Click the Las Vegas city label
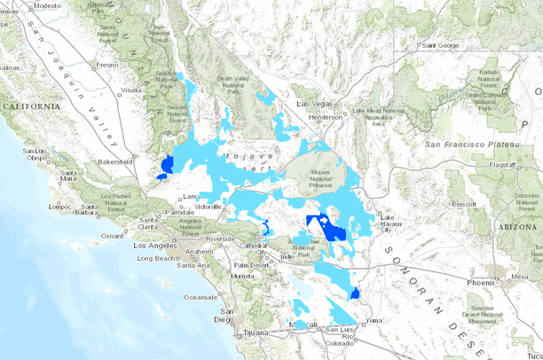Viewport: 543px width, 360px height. point(312,104)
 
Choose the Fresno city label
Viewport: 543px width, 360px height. point(107,65)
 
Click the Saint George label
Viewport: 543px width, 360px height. point(440,45)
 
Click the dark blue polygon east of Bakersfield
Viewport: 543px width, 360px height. point(166,165)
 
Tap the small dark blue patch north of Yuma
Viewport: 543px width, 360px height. point(355,293)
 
